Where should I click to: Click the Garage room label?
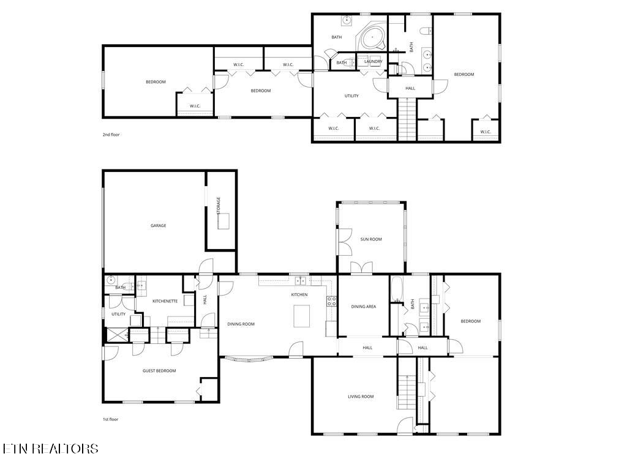tap(159, 226)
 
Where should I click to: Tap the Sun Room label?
tap(371, 239)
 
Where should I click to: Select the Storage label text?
tap(219, 205)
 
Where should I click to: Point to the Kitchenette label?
tap(165, 301)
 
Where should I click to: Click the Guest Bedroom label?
tap(159, 371)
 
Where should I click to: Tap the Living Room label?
tap(361, 397)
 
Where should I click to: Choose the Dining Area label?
tap(363, 307)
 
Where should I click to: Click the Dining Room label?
tap(241, 324)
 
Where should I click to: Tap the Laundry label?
tap(373, 61)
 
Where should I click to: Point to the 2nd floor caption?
tap(111, 135)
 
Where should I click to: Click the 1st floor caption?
tap(110, 419)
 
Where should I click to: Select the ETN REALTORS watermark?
tap(50, 449)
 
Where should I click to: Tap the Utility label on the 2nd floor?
tap(351, 95)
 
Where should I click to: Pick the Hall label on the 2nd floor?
tap(410, 88)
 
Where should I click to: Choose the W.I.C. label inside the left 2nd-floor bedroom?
tap(195, 106)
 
